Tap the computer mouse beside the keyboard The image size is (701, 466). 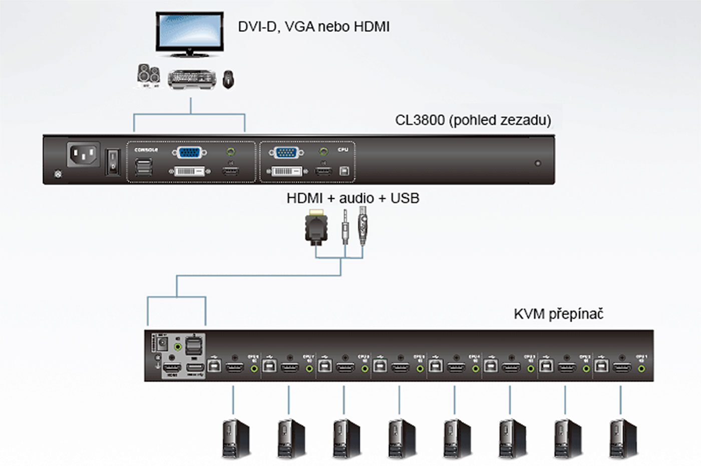click(228, 79)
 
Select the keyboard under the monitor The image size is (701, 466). click(192, 79)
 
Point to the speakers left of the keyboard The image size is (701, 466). click(149, 76)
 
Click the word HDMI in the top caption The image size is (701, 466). click(371, 26)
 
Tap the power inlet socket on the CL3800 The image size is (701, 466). click(83, 155)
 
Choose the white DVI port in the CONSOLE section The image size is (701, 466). click(189, 171)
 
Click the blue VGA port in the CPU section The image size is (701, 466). click(285, 152)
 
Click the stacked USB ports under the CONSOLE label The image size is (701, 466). click(143, 167)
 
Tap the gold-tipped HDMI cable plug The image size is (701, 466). click(316, 228)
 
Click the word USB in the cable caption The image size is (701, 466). click(405, 198)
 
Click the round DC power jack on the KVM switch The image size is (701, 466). click(162, 343)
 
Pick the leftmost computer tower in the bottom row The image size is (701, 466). click(235, 439)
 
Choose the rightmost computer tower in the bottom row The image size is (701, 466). click(622, 439)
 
